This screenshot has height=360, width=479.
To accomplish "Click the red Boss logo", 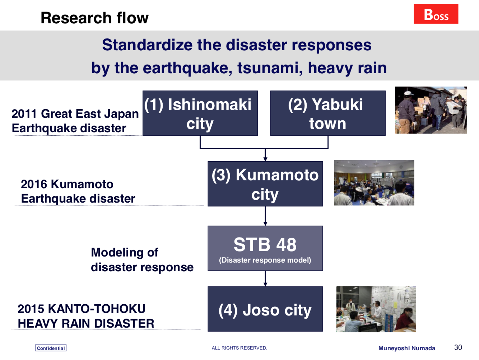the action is point(436,14).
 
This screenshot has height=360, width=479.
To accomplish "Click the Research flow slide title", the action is point(94,18).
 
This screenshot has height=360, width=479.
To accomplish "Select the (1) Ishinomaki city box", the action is point(200,113).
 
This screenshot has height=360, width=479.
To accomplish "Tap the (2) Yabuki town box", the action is point(328,113).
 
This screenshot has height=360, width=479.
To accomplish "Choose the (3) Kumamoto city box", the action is point(265,184).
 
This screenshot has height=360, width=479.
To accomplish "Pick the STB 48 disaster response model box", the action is point(265,248).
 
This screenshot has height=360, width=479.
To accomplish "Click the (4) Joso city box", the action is point(265,309).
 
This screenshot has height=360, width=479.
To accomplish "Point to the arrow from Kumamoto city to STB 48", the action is point(265,216).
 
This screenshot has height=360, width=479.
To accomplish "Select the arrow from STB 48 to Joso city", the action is point(265,278).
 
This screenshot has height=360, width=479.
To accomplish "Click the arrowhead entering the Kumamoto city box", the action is point(265,159).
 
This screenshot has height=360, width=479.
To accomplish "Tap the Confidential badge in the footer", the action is point(51,348).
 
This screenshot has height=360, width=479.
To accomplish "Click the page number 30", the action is point(458,347).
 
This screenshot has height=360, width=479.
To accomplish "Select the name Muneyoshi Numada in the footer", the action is point(406,348).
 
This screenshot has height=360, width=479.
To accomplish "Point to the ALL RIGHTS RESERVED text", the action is point(239,348).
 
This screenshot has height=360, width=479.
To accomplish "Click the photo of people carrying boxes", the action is point(431,110).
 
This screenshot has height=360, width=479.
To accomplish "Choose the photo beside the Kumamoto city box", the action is point(374,183).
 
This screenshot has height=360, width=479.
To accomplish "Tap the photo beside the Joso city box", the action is point(376,309).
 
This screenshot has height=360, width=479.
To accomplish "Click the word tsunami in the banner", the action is point(270,68).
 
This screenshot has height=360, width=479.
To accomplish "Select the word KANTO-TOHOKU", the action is point(97,309).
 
